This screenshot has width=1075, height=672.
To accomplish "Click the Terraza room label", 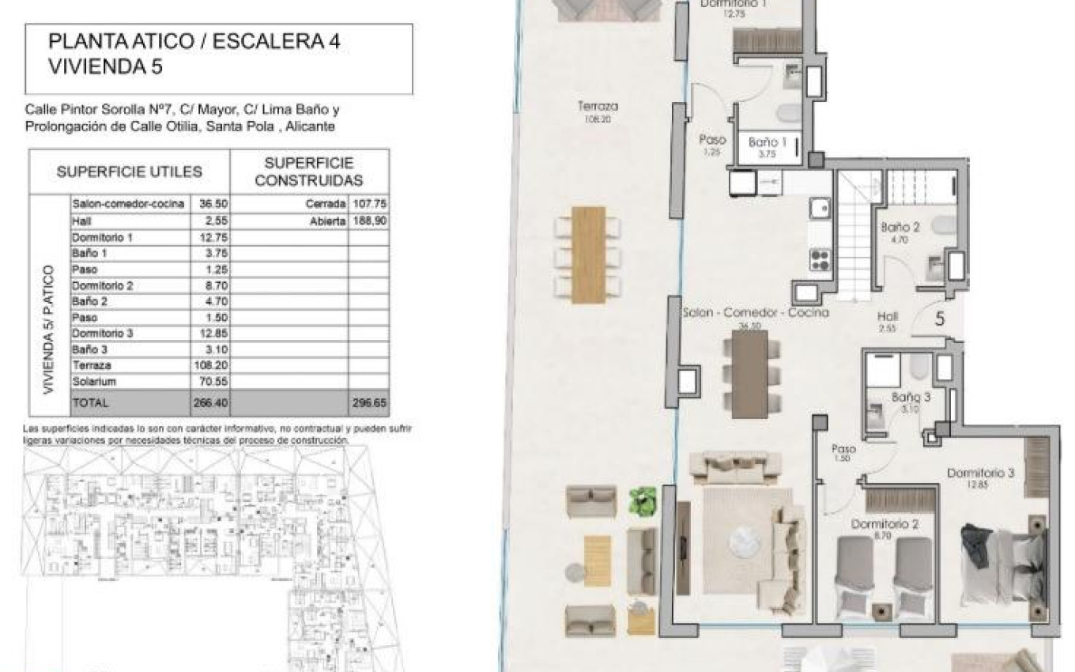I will point(598,106).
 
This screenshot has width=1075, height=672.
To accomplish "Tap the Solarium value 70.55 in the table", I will point(209,382).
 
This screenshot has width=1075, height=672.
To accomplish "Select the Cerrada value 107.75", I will point(369,204).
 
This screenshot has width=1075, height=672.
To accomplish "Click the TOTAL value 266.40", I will point(209,402).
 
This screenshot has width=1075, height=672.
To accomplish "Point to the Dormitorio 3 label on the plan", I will point(980,474).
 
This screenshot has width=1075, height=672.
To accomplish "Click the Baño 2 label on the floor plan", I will point(900,228).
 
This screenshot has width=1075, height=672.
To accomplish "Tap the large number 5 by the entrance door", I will point(940,319).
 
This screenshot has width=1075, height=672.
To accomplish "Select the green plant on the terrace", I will point(642,501).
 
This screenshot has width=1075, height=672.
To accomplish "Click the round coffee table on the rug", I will point(744,541).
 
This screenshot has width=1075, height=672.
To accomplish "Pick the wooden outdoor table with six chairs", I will point(588,254).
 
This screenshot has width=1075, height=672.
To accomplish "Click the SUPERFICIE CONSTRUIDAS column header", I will point(309,172).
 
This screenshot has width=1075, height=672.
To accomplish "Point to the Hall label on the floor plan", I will point(888,316).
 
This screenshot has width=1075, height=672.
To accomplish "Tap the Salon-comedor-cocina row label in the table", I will point(127,204).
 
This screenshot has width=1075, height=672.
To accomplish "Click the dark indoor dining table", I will point(749,374).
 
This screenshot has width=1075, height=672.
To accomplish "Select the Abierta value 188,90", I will point(369,221).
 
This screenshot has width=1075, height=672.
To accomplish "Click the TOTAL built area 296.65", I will point(369,402).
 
